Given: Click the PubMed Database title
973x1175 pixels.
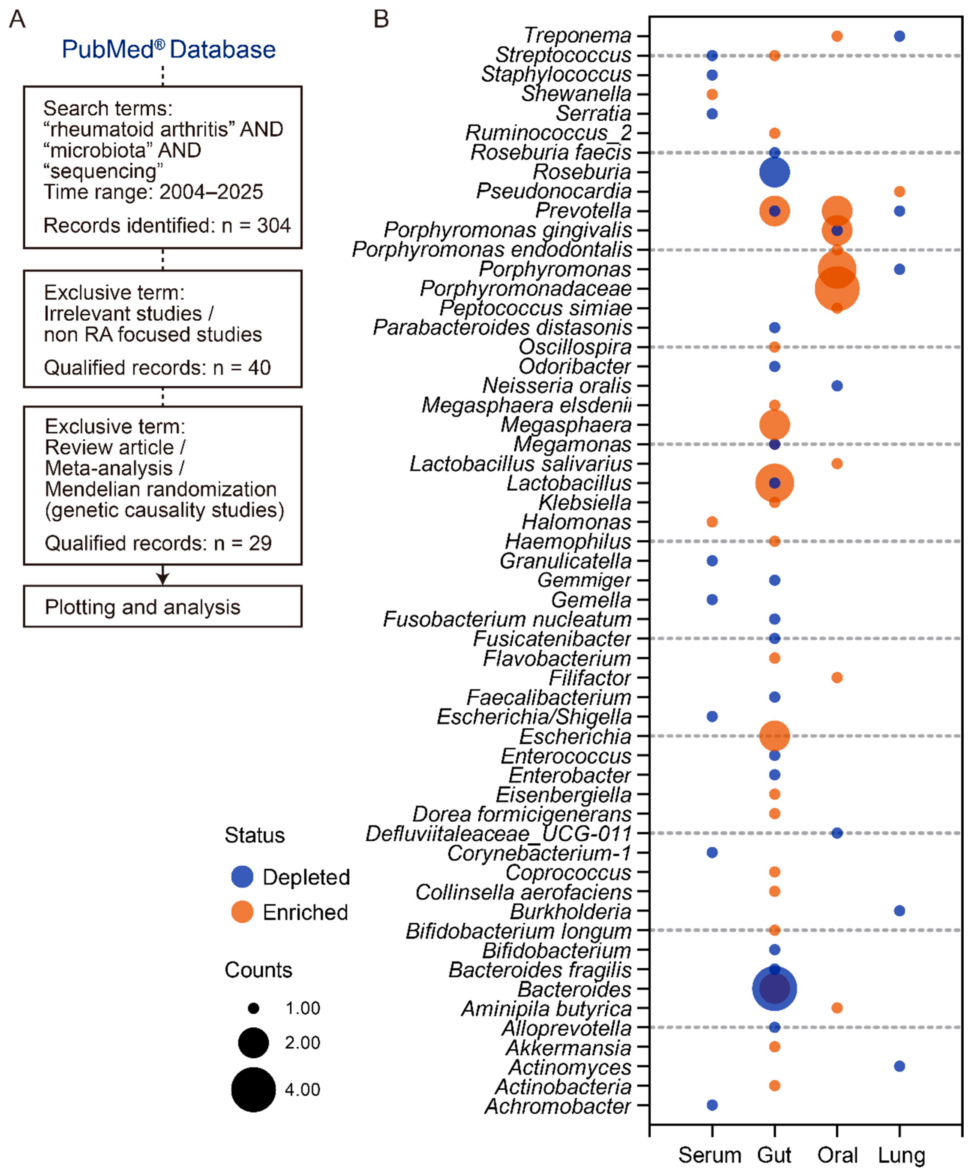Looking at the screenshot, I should tap(168, 50).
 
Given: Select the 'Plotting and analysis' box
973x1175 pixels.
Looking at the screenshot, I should tap(162, 607).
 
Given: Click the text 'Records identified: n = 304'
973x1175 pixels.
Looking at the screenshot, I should tap(167, 226).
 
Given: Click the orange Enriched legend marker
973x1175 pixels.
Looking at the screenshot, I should tap(242, 912).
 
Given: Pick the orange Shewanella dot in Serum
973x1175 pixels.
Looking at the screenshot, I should tap(712, 94).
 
